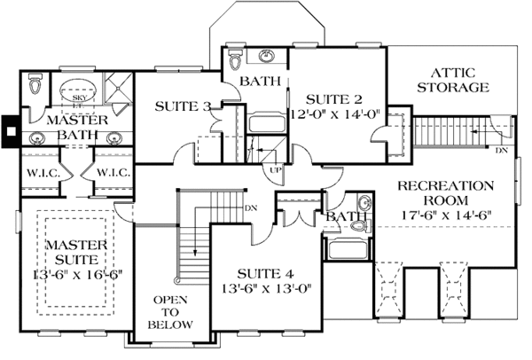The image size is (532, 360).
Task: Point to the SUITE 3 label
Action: click(183, 106)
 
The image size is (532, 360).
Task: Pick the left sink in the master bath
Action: click(39, 138)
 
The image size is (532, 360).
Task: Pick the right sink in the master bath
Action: click(113, 138)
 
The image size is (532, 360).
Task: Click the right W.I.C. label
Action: click(113, 172)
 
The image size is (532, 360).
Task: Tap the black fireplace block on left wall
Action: click(10, 132)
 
